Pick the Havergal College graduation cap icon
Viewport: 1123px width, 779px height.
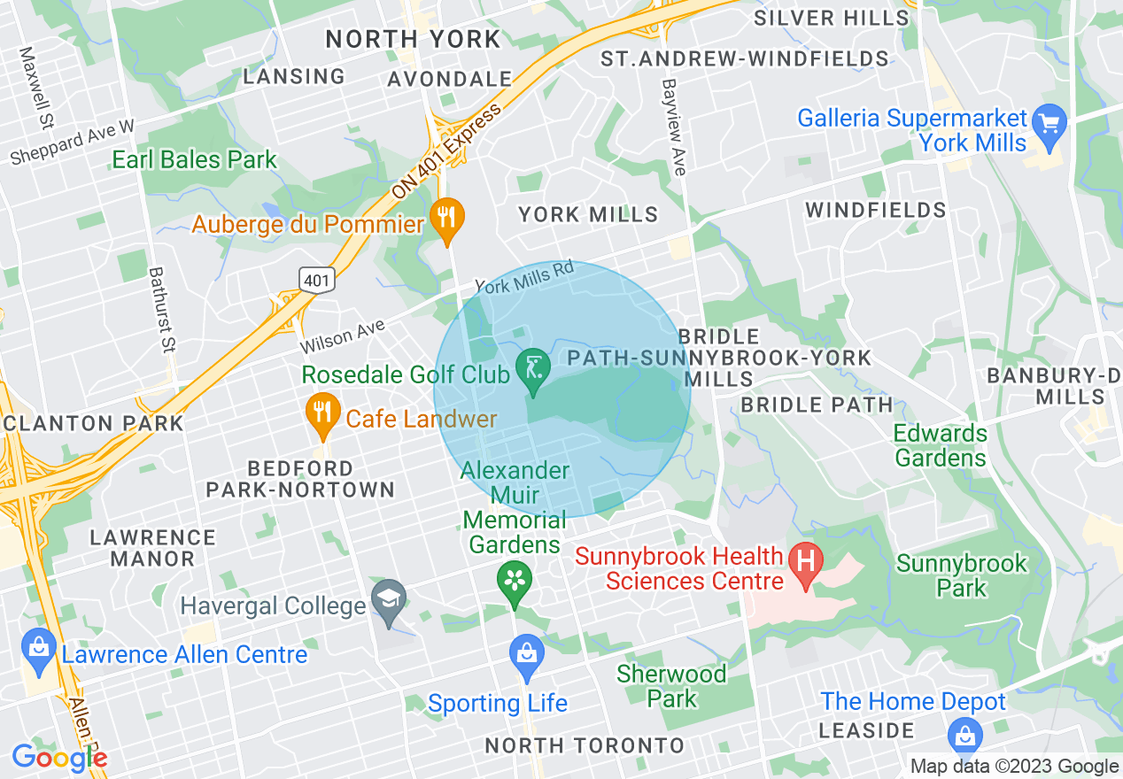click(x=388, y=600)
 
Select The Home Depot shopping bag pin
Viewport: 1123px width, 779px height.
click(x=964, y=734)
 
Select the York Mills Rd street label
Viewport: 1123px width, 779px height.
click(x=524, y=277)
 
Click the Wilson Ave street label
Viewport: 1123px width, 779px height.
click(x=342, y=337)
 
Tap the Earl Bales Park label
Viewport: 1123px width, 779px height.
click(x=194, y=160)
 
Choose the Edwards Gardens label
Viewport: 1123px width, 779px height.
click(x=940, y=445)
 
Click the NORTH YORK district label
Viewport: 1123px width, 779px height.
click(x=413, y=39)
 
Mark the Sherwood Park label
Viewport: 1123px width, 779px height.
click(x=671, y=686)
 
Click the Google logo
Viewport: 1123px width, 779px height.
click(x=59, y=758)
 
